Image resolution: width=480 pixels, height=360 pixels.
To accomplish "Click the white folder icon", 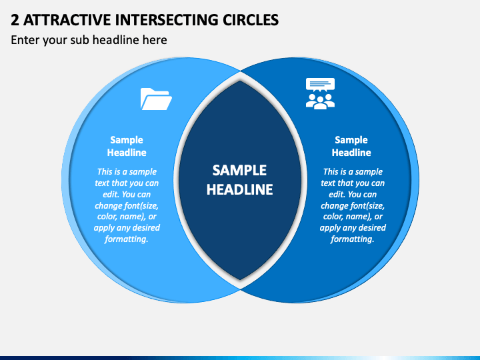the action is tap(156, 99).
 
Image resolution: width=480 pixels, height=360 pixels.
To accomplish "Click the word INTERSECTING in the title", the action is tap(167, 20).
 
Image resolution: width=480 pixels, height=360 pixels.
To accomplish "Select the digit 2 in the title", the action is tap(15, 20).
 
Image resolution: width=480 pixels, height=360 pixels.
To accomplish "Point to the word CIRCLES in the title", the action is tap(251, 20).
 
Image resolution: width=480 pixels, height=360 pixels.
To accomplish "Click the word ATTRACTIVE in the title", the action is tap(67, 20).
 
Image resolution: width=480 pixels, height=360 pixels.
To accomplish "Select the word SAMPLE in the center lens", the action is tap(240, 171).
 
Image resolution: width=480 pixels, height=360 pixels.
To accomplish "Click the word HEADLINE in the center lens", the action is tap(240, 189).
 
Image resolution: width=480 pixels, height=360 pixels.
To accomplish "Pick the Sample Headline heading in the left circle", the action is tap(127, 146).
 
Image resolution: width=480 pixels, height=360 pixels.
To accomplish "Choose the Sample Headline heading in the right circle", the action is tap(351, 146).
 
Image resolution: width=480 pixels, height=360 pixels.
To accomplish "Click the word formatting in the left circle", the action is tap(127, 239).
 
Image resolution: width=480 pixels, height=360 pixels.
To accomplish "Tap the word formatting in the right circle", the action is tap(353, 239).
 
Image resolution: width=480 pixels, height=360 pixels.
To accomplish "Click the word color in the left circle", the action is tap(107, 217).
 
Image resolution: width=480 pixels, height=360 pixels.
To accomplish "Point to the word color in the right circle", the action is tap(333, 217).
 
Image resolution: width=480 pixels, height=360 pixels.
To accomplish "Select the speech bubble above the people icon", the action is tap(320, 85).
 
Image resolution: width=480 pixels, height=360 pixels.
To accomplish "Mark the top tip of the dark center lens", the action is tap(240, 81).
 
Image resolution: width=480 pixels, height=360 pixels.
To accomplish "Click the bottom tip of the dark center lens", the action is tap(240, 280).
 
